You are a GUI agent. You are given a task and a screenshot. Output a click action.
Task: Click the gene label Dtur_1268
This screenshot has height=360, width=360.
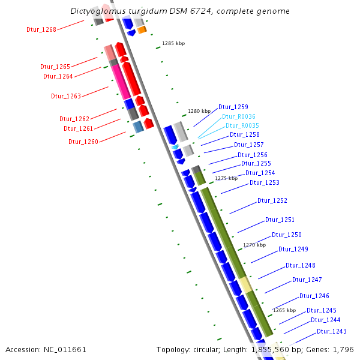click(41, 29)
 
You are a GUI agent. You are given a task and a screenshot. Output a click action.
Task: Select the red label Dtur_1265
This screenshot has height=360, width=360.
click(55, 67)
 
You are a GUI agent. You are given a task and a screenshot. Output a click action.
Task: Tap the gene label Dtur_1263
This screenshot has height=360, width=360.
click(66, 95)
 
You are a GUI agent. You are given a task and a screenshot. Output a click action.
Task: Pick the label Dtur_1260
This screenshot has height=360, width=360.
click(83, 142)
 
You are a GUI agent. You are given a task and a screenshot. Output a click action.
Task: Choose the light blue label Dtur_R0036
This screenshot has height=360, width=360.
click(239, 116)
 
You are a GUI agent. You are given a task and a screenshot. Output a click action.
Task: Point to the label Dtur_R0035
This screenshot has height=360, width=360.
click(242, 125)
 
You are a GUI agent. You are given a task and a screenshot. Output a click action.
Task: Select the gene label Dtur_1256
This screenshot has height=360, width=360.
click(253, 155)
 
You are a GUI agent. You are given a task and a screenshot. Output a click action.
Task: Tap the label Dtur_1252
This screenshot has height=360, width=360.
click(272, 200)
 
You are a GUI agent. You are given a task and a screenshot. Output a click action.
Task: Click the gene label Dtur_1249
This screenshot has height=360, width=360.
click(293, 249)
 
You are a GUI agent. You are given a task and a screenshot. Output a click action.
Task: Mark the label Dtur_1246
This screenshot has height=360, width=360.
click(314, 296)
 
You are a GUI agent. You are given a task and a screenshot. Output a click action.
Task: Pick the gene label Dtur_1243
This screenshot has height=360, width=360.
click(332, 331)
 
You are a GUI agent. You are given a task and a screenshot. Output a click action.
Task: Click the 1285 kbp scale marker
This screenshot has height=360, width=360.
click(173, 43)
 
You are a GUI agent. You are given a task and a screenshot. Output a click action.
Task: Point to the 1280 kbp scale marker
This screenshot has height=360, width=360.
click(199, 111)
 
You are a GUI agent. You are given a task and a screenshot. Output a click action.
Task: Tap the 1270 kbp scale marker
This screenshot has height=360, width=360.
click(254, 245)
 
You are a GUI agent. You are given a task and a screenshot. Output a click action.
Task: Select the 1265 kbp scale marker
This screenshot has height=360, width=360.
click(284, 310)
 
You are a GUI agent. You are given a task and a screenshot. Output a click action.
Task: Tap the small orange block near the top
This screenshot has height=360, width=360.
click(142, 30)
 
